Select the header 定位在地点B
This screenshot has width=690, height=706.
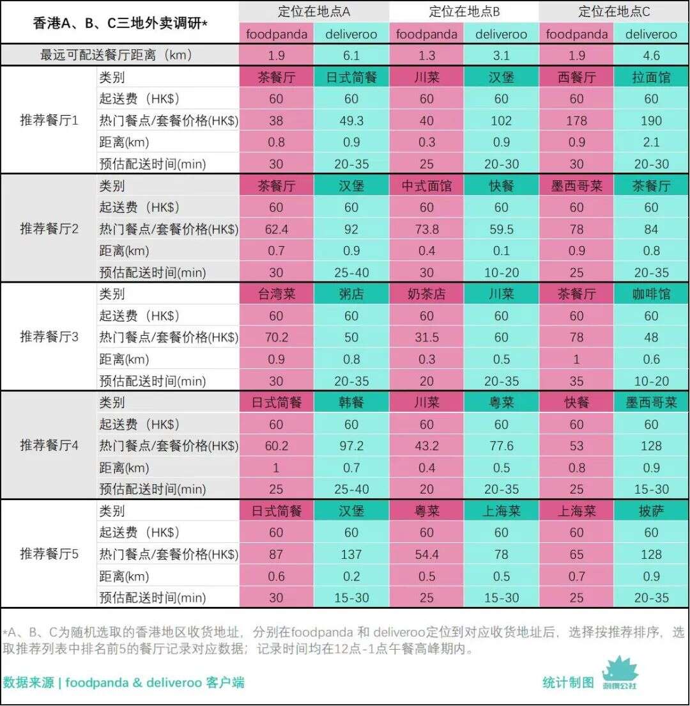pyautogui.click(x=464, y=12)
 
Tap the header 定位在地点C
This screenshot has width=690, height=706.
pyautogui.click(x=614, y=12)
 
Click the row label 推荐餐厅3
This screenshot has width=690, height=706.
pyautogui.click(x=49, y=336)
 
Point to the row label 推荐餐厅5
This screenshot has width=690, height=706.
pyautogui.click(x=49, y=553)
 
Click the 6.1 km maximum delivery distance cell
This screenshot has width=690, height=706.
pyautogui.click(x=351, y=55)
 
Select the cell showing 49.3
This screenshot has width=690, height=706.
pyautogui.click(x=351, y=120)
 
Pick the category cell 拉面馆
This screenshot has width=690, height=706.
pyautogui.click(x=651, y=77)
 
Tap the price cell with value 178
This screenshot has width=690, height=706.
pyautogui.click(x=576, y=120)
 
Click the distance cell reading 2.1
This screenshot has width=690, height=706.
pyautogui.click(x=651, y=142)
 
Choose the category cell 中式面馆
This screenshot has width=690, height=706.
pyautogui.click(x=426, y=186)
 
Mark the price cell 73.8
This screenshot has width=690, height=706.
pyautogui.click(x=426, y=229)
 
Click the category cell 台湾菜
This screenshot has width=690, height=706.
pyautogui.click(x=276, y=294)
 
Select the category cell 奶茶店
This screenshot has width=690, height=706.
pyautogui.click(x=426, y=294)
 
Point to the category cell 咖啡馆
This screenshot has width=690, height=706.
pyautogui.click(x=651, y=294)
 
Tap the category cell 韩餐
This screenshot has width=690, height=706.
pyautogui.click(x=351, y=403)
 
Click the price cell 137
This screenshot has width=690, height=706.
pyautogui.click(x=351, y=554)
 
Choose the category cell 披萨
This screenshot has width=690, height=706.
pyautogui.click(x=651, y=511)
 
